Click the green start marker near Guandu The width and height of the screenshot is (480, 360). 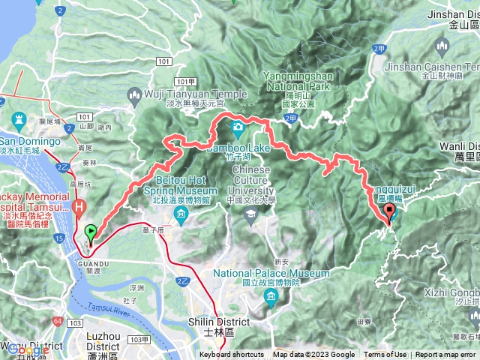91,233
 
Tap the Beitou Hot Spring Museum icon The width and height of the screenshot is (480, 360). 181,216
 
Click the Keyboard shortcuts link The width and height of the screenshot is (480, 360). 231,355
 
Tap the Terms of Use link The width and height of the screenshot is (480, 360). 385,355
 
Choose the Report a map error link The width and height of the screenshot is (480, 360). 445,355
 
